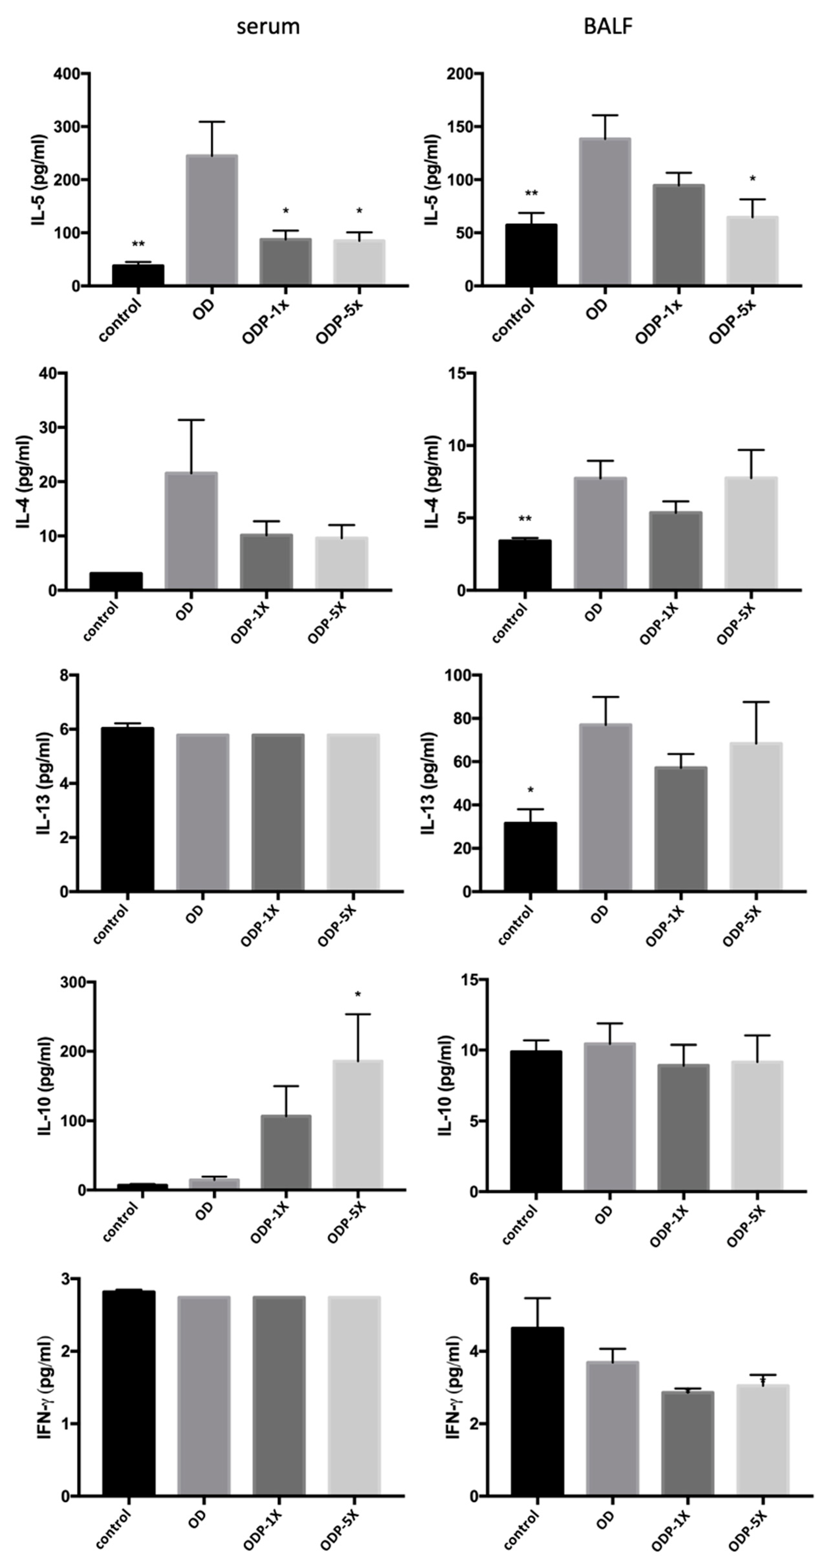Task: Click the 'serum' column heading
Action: [268, 27]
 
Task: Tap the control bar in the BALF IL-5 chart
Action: [532, 255]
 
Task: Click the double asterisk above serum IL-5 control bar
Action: [138, 244]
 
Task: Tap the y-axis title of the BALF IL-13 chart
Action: [429, 783]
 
